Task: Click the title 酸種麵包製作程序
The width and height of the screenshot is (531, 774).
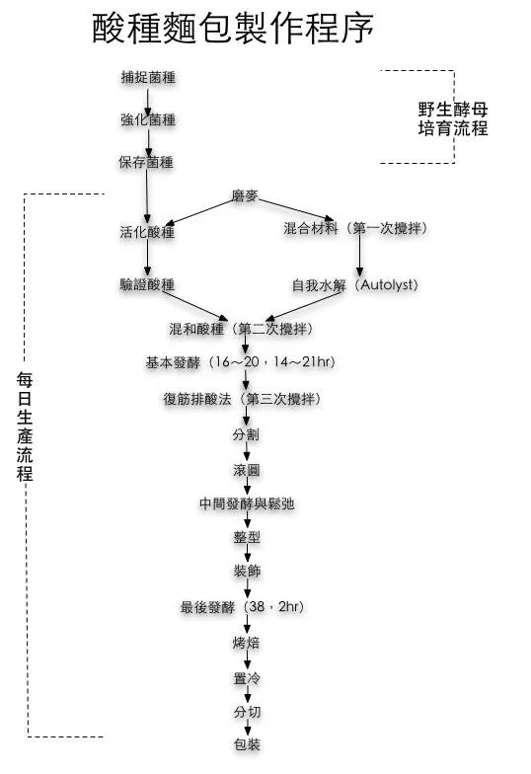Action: [x=233, y=28]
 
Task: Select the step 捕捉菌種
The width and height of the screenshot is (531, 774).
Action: [x=148, y=77]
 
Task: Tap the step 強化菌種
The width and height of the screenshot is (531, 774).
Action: [x=148, y=120]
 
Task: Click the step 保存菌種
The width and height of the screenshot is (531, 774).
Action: [x=146, y=162]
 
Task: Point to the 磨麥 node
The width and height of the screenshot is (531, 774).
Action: [x=245, y=195]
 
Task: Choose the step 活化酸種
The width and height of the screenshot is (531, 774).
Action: [x=148, y=232]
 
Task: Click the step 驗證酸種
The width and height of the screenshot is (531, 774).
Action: [x=148, y=284]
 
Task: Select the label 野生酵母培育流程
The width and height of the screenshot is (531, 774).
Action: [x=453, y=118]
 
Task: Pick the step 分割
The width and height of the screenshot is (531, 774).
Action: [x=247, y=434]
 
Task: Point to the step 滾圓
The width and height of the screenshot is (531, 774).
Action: [x=247, y=470]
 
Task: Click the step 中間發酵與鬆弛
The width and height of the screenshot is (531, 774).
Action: [x=247, y=503]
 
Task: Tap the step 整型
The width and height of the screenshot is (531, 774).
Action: [x=247, y=537]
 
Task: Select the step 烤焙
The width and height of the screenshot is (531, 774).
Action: [x=247, y=643]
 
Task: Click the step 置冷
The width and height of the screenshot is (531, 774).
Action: [x=247, y=679]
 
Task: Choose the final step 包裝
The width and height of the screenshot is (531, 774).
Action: [x=247, y=744]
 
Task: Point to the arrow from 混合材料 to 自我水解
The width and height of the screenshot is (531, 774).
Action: [x=359, y=253]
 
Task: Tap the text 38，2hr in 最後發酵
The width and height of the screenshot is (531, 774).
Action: [x=276, y=606]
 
